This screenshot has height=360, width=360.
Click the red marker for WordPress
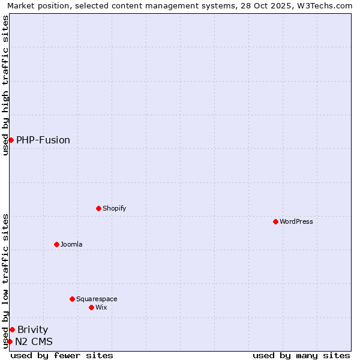275,221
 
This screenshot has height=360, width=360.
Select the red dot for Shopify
98,208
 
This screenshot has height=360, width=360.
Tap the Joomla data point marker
56,244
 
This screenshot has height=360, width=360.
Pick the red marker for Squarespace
72,299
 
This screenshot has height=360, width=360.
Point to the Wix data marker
91,307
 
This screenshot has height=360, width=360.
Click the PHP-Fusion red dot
11,140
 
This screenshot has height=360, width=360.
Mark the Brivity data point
12,329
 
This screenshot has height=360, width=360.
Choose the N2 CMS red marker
10,341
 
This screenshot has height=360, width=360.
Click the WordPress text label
296,221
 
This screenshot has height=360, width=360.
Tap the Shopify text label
115,208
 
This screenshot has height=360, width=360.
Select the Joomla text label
71,244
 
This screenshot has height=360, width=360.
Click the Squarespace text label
97,299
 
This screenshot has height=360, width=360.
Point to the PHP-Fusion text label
43,140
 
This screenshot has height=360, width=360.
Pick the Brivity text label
33,329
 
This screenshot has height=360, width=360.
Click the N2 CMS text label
34,341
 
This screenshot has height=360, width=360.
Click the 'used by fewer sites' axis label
62,355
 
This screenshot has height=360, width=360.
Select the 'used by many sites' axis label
301,355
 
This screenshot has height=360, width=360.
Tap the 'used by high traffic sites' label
5,85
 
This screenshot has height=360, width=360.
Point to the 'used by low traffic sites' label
5,281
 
